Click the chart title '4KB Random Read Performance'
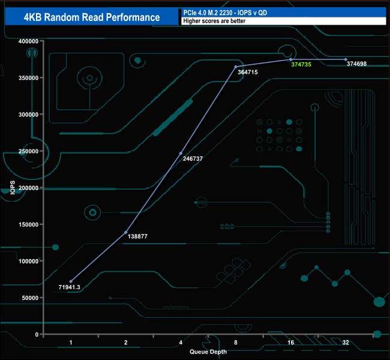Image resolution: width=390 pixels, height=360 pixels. pyautogui.click(x=92, y=17)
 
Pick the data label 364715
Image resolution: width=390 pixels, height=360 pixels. pyautogui.click(x=248, y=72)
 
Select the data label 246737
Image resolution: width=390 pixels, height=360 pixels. pyautogui.click(x=193, y=159)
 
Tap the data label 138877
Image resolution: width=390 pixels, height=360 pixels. pyautogui.click(x=138, y=237)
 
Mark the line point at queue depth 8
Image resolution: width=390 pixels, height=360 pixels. pyautogui.click(x=236, y=66)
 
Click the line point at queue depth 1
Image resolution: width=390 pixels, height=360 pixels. pyautogui.click(x=71, y=281)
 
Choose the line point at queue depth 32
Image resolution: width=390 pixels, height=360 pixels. pyautogui.click(x=346, y=59)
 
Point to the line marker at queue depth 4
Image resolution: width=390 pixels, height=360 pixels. pyautogui.click(x=181, y=153)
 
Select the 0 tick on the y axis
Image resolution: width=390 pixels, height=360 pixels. pyautogui.click(x=37, y=335)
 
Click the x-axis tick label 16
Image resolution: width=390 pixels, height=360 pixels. pyautogui.click(x=290, y=342)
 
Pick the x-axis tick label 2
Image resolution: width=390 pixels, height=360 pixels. pyautogui.click(x=125, y=342)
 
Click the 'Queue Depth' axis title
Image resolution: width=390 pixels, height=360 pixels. pyautogui.click(x=208, y=352)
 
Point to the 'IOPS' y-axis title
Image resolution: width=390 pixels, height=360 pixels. pyautogui.click(x=12, y=187)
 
